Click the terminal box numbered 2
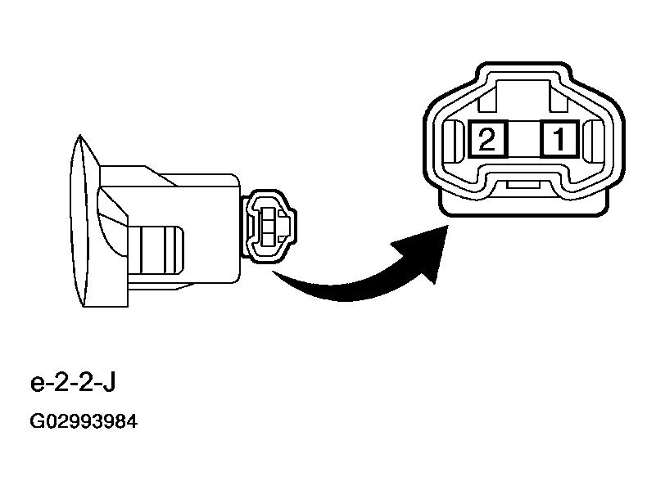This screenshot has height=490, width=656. (487, 139)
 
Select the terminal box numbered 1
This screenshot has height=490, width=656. (560, 139)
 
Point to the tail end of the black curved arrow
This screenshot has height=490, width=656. (273, 272)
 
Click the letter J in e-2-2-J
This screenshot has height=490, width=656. (109, 383)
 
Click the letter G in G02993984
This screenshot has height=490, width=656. (37, 421)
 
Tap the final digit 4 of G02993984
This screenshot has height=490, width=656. (131, 421)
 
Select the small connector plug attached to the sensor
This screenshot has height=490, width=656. (269, 226)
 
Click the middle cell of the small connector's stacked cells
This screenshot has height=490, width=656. (267, 226)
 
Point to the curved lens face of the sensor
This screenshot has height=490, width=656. (79, 221)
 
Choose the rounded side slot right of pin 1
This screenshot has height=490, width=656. (594, 142)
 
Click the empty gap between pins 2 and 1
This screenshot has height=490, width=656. (524, 139)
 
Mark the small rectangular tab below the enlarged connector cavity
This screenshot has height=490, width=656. (524, 185)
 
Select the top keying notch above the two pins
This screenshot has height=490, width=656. (523, 96)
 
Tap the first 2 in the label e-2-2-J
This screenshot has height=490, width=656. (61, 383)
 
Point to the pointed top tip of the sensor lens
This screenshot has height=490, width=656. (80, 135)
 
